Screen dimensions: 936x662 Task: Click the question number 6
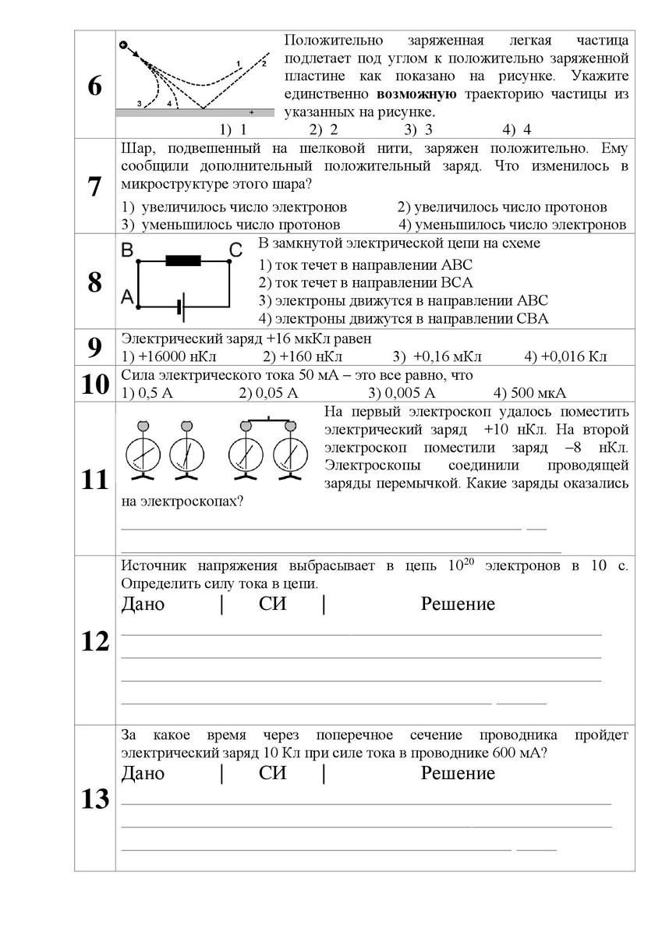(94, 87)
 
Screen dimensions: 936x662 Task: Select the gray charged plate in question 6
(195, 112)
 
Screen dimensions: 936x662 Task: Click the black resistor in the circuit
(183, 261)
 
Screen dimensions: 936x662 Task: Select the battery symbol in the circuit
(181, 307)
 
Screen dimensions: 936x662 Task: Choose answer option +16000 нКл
(169, 356)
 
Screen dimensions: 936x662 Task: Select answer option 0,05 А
(268, 392)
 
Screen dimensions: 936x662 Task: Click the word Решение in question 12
(458, 604)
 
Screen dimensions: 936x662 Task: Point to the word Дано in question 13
(144, 773)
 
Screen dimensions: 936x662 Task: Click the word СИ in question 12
(272, 604)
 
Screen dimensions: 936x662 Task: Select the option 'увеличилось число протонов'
(502, 207)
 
